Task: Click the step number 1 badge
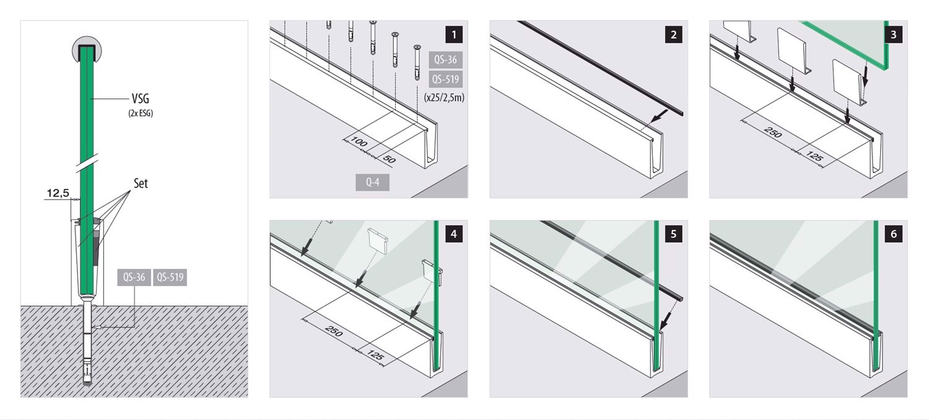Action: tap(454, 35)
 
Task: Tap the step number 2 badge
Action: tap(674, 35)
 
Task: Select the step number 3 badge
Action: tap(893, 35)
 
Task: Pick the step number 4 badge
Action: tap(454, 234)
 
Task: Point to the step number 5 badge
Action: tap(674, 234)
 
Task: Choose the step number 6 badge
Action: tap(893, 234)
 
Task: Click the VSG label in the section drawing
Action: tap(140, 98)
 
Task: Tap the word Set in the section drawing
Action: tap(141, 183)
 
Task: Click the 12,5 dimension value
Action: tap(58, 193)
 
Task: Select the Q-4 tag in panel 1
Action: tap(372, 182)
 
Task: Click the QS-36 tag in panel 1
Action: tap(445, 59)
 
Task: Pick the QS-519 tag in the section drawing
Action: tap(170, 278)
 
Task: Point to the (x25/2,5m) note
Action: tap(444, 97)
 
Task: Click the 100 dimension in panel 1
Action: tap(359, 142)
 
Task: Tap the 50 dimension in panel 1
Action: tap(390, 159)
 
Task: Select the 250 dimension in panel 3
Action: tap(773, 132)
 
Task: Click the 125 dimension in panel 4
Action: tap(376, 356)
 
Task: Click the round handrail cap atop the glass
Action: tap(87, 50)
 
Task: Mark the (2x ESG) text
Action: tap(141, 113)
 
